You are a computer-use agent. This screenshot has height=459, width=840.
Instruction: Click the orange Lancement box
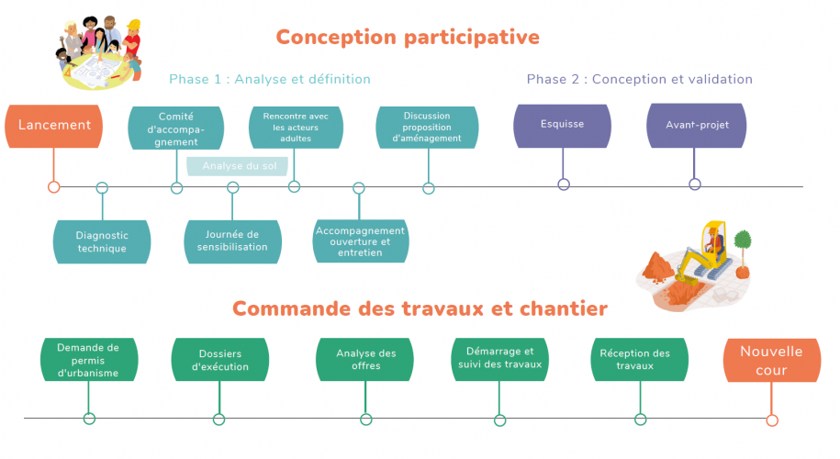click(x=54, y=126)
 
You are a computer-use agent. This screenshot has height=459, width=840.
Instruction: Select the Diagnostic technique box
click(x=102, y=241)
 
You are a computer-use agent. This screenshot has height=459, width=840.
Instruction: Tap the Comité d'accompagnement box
click(x=177, y=129)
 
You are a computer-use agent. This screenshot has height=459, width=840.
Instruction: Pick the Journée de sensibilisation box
click(x=233, y=241)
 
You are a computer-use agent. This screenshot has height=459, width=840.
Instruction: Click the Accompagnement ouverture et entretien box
click(x=360, y=241)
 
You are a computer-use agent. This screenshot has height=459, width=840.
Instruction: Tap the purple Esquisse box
click(x=562, y=126)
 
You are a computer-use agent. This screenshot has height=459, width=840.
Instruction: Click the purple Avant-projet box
click(x=695, y=126)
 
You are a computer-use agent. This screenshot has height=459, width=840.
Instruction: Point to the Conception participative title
click(x=408, y=38)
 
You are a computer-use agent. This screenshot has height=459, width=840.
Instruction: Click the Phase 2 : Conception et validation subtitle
click(x=639, y=80)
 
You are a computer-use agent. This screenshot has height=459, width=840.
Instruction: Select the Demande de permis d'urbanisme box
click(x=88, y=360)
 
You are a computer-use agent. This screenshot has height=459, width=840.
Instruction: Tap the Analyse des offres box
click(x=365, y=360)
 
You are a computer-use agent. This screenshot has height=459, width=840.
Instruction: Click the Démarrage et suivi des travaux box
click(x=499, y=359)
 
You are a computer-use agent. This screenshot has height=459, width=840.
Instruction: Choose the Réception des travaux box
click(x=634, y=360)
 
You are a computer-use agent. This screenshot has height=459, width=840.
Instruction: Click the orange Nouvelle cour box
click(x=771, y=360)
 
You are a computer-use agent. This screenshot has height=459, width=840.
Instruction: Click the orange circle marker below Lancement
click(x=54, y=187)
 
